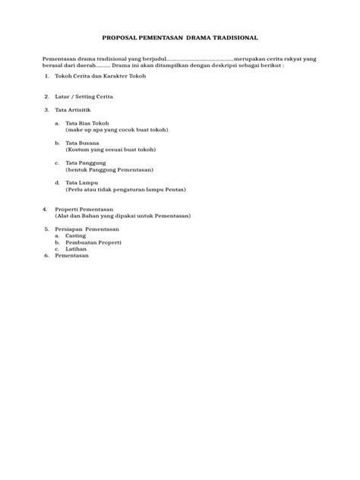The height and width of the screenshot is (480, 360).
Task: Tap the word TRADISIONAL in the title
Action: (x=231, y=36)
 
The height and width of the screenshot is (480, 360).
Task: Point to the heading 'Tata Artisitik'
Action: (x=73, y=109)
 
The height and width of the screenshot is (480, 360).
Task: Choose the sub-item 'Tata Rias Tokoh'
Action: (x=87, y=123)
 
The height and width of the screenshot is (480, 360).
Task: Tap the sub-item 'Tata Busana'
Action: (x=82, y=143)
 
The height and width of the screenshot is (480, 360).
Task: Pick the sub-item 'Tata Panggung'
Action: (x=85, y=163)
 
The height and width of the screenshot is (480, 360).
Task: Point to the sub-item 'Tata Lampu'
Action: (x=81, y=182)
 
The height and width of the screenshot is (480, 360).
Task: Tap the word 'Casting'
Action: (x=76, y=235)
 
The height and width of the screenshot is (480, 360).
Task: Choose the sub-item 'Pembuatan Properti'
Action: (x=93, y=242)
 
